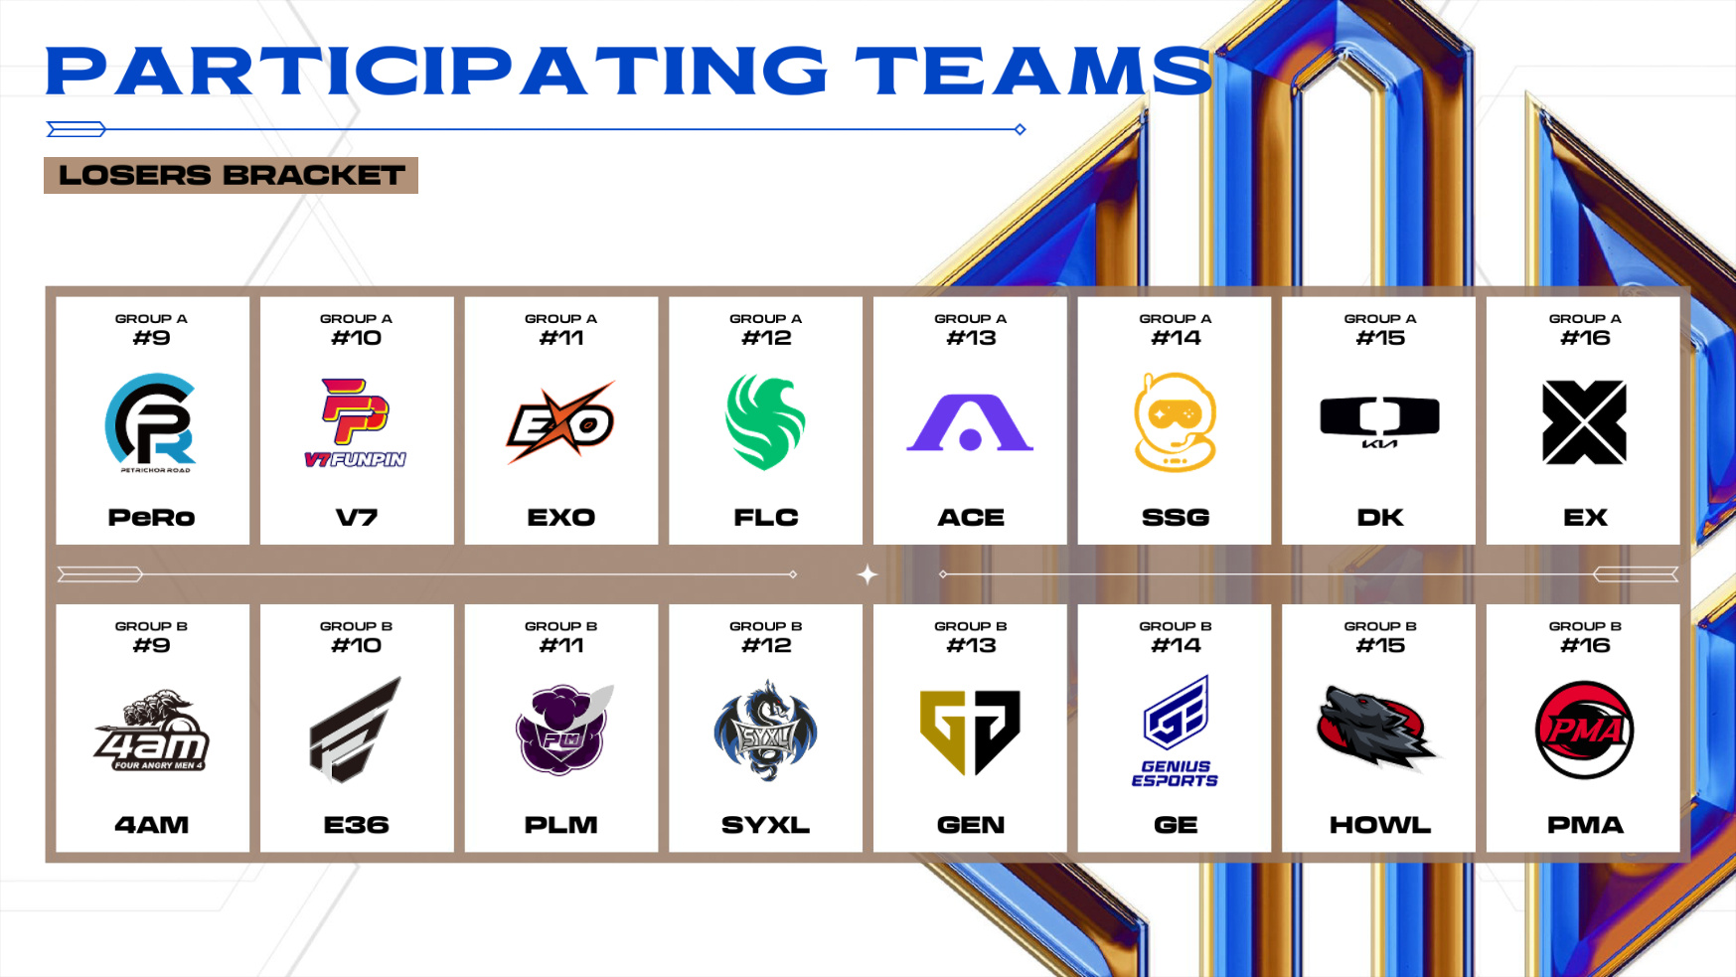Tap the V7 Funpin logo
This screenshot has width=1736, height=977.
click(355, 423)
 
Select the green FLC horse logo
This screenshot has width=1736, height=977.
click(765, 421)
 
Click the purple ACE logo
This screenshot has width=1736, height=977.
click(970, 422)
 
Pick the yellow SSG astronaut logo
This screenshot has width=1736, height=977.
click(1175, 422)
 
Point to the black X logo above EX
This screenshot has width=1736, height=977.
click(1584, 422)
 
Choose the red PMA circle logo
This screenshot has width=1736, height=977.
click(1584, 731)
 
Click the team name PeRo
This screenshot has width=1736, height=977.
click(151, 518)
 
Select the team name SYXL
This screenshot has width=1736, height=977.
click(765, 825)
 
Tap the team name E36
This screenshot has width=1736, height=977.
click(356, 825)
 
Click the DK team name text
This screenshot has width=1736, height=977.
click(1380, 518)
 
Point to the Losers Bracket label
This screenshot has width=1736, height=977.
click(232, 175)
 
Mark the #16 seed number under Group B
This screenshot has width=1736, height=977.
click(1585, 646)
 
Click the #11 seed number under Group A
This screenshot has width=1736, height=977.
click(561, 339)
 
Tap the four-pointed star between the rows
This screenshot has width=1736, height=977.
click(868, 574)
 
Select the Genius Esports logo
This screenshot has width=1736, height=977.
click(1176, 732)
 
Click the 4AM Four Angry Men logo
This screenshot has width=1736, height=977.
click(151, 732)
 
